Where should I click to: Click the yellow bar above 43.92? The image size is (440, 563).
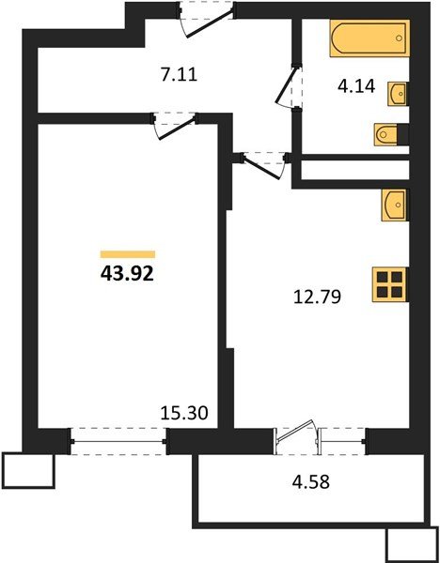click(127, 253)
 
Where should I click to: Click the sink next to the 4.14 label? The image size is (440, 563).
click(399, 94)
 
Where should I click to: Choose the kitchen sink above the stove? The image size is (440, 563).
click(394, 204)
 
